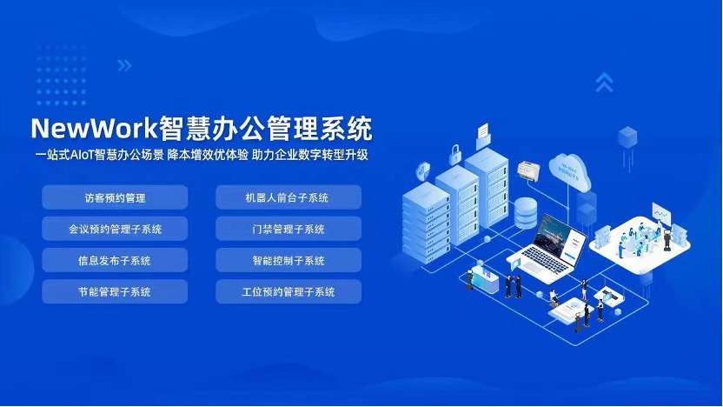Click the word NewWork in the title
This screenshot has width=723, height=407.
[94, 129]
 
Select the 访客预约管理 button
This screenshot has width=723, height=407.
[114, 197]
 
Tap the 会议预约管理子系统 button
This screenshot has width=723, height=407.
[114, 229]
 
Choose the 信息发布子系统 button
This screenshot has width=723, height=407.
[114, 260]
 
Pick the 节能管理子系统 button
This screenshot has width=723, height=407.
[114, 291]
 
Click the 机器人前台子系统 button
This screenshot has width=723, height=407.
[288, 197]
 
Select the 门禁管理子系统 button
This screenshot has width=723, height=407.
[288, 229]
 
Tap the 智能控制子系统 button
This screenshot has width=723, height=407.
[288, 260]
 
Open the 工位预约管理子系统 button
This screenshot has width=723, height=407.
[288, 291]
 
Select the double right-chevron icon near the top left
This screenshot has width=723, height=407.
[124, 65]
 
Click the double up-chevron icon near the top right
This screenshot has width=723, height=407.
[605, 82]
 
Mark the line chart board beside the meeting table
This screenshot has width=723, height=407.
[662, 213]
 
